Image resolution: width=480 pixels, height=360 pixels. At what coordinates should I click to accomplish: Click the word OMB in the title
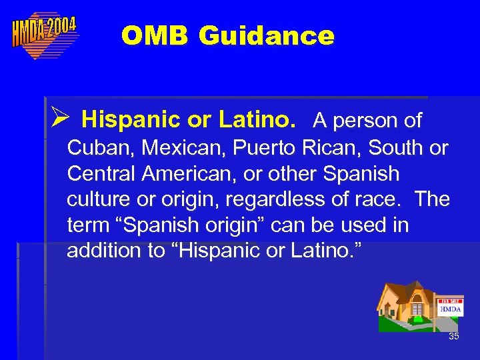pyautogui.click(x=154, y=35)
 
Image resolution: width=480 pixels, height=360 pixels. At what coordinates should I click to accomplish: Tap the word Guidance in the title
pyautogui.click(x=266, y=35)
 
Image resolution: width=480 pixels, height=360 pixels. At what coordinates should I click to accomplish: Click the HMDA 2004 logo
pyautogui.click(x=44, y=35)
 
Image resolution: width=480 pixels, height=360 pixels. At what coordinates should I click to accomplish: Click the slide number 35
pyautogui.click(x=453, y=336)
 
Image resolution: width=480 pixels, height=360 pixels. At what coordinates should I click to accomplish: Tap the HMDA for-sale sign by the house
pyautogui.click(x=451, y=308)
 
